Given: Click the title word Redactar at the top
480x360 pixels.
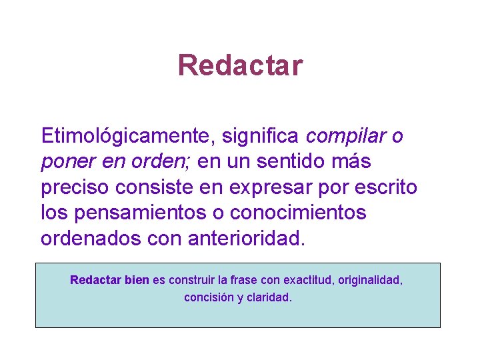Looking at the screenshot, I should [240, 65].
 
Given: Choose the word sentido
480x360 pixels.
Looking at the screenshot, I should [298, 162].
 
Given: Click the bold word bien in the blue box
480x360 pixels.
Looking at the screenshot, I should [137, 280].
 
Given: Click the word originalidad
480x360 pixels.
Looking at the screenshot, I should [370, 280].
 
